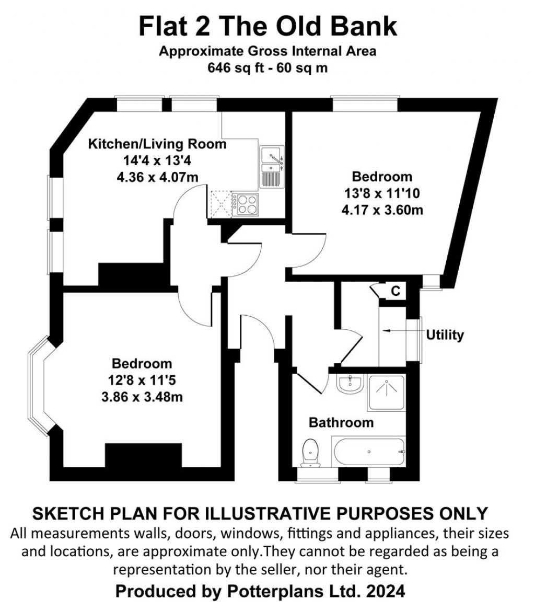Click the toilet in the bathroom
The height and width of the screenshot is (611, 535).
(x=311, y=452)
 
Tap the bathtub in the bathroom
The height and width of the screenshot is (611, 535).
(x=368, y=452)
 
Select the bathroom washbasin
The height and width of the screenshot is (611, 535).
(x=349, y=384)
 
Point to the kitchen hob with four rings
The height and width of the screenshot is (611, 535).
(x=247, y=204)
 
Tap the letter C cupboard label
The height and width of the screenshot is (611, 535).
(x=396, y=291)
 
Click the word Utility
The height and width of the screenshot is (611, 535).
(x=445, y=335)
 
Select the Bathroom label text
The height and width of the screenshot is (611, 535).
(x=341, y=422)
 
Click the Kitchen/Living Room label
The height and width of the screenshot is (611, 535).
(x=157, y=144)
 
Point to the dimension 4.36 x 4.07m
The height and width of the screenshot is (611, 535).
(x=157, y=177)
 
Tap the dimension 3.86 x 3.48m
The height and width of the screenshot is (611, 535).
(x=142, y=397)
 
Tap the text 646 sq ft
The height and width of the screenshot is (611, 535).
(x=233, y=67)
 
